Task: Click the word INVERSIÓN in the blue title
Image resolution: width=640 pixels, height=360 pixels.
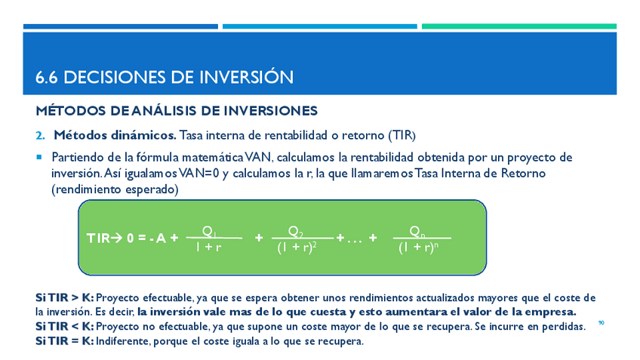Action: pos(242,77)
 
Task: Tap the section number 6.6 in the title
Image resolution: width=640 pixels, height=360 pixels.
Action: pos(47,78)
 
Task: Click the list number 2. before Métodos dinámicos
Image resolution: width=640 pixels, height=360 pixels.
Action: pos(41,136)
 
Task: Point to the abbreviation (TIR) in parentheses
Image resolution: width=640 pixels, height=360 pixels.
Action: pos(402,135)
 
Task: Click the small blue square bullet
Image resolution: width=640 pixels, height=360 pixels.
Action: pos(39,157)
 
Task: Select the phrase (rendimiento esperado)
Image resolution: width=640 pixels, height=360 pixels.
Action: pos(115,189)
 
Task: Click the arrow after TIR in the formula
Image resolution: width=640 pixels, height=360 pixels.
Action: pos(116,238)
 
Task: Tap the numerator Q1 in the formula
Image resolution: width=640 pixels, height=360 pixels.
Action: pos(209,232)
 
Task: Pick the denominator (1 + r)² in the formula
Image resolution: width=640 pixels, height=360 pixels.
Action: pos(297,248)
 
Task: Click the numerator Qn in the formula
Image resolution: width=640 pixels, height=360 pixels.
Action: pos(417,232)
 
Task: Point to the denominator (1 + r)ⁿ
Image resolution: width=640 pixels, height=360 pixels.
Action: pos(419,248)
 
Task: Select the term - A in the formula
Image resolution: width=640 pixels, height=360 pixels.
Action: pos(158,238)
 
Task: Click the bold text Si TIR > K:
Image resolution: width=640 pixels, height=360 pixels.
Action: pos(65,297)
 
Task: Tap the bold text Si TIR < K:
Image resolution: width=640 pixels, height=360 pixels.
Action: pos(65,327)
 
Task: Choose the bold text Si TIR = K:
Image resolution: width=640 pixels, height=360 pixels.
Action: pos(65,341)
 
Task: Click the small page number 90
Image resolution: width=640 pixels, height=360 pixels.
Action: pos(602,323)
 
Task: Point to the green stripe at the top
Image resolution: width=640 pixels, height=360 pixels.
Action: pos(519,26)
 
